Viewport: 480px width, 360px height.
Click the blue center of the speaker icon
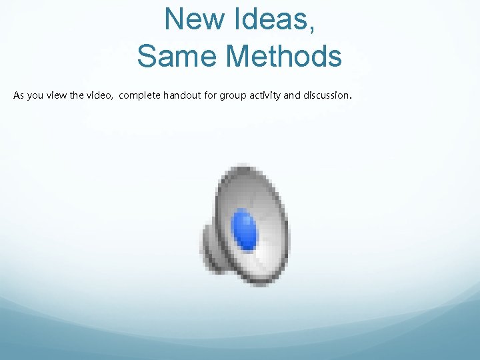click(x=244, y=229)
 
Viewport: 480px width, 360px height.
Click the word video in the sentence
click(x=99, y=96)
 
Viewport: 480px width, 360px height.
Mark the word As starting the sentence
click(x=19, y=96)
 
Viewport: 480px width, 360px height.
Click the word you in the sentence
click(x=35, y=96)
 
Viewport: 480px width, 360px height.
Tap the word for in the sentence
click(x=212, y=96)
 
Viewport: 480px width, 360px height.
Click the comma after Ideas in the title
click(x=311, y=29)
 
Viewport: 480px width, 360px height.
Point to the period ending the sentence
click(x=351, y=99)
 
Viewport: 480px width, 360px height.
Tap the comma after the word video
click(x=113, y=99)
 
